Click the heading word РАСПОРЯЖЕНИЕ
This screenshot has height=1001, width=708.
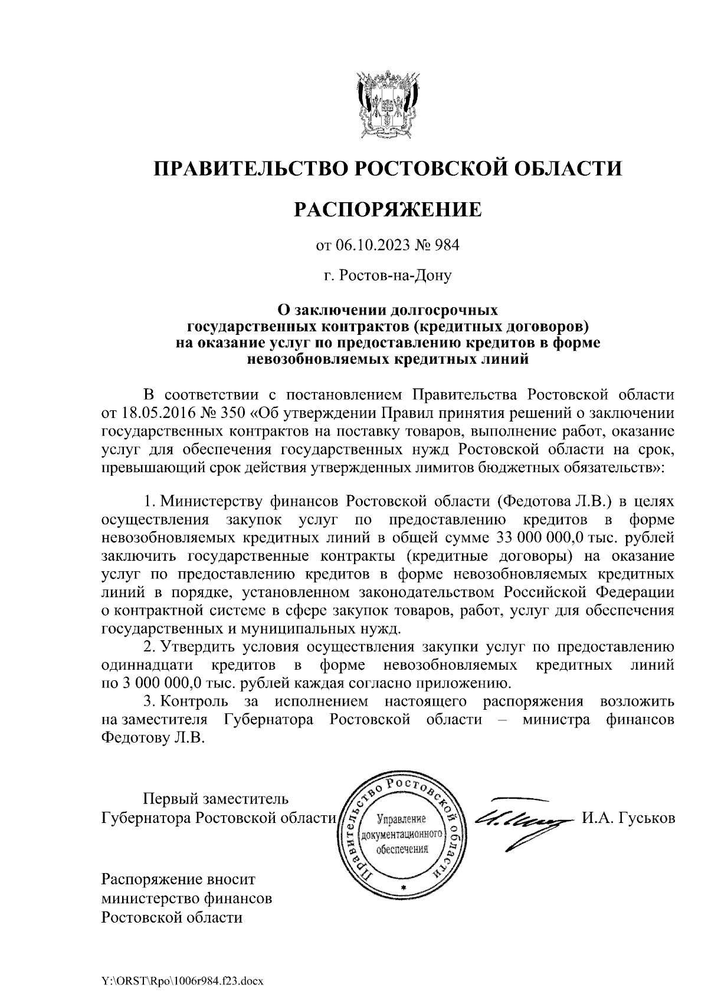point(388,209)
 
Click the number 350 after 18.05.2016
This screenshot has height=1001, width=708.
point(227,411)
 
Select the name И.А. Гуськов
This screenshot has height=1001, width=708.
point(628,818)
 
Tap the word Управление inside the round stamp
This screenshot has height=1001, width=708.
point(401,820)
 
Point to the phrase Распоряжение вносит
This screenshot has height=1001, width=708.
point(179,880)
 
